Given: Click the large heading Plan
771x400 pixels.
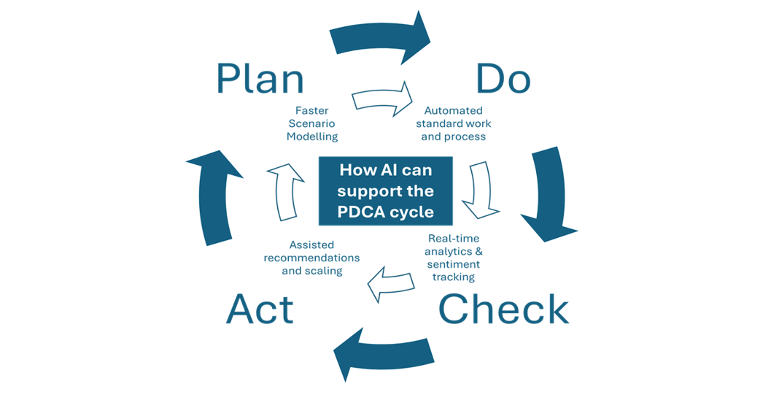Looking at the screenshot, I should click(260, 80).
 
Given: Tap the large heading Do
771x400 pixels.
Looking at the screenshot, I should click(503, 79).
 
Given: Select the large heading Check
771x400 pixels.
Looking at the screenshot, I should click(503, 309).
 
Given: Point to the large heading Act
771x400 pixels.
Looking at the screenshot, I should click(260, 309).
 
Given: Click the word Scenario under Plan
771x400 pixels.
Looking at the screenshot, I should click(311, 123).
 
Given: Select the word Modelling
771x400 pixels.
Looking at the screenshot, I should click(311, 136).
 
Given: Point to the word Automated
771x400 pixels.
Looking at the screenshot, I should click(454, 110).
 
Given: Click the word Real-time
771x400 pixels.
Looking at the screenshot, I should click(454, 238).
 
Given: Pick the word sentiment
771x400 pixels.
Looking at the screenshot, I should click(454, 264).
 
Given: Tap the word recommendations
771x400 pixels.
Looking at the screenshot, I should click(311, 258).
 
